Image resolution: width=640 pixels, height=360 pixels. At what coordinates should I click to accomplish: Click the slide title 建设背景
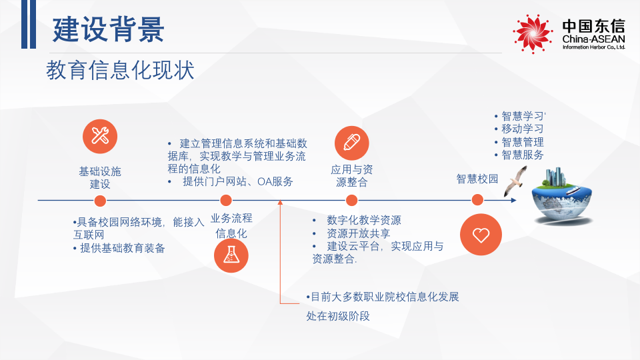click(x=108, y=30)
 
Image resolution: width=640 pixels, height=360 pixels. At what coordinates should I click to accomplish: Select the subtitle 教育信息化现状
click(x=120, y=70)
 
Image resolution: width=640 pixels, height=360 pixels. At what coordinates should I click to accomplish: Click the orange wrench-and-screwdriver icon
click(x=100, y=136)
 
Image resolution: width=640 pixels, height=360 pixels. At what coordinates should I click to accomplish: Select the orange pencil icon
click(x=351, y=142)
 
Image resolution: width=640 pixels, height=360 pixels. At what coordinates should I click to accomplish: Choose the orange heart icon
click(x=481, y=235)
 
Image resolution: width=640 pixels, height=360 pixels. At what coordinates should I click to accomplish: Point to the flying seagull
click(x=516, y=181)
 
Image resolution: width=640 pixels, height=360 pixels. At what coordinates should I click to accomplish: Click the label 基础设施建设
click(x=100, y=177)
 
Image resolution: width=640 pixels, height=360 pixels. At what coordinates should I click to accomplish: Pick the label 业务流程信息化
click(x=231, y=225)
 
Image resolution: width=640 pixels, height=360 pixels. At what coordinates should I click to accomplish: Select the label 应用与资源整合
click(x=351, y=175)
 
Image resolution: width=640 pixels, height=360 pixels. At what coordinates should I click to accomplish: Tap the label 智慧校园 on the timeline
click(x=477, y=179)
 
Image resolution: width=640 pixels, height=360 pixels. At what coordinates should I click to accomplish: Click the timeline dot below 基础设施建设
click(x=100, y=200)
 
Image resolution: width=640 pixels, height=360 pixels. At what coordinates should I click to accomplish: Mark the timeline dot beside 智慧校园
click(x=477, y=200)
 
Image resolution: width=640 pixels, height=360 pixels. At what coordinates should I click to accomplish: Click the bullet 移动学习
click(x=522, y=128)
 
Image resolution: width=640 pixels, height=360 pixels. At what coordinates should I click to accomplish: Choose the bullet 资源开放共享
click(x=358, y=233)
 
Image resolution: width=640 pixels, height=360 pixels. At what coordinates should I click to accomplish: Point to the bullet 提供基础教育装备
click(x=122, y=248)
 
